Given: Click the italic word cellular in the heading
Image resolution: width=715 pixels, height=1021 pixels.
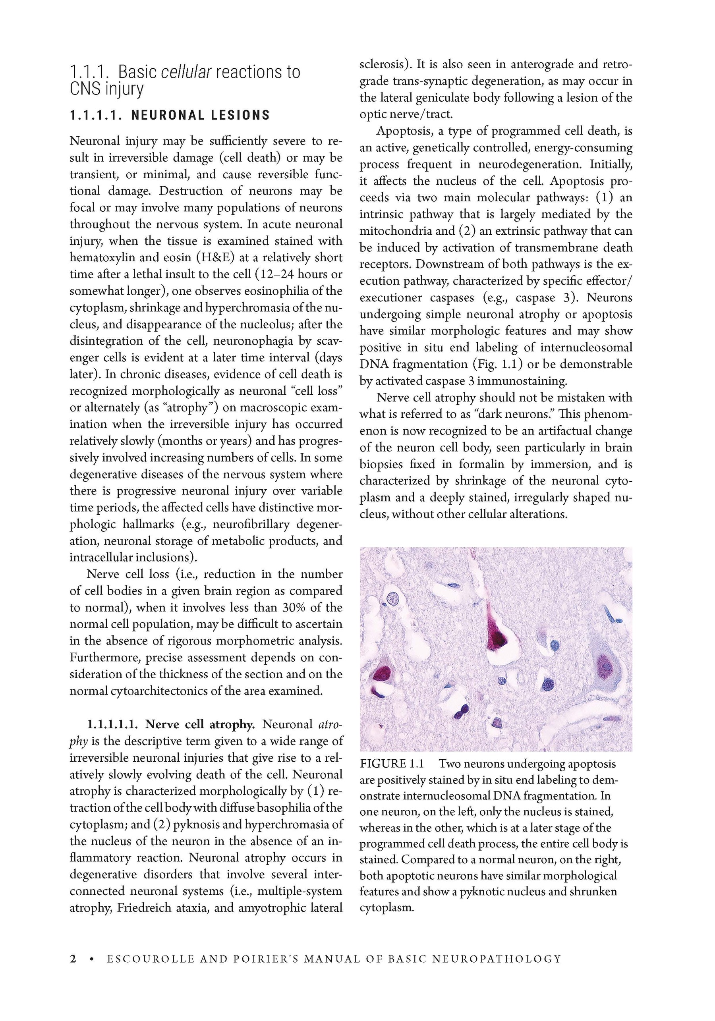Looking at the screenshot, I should (186, 71).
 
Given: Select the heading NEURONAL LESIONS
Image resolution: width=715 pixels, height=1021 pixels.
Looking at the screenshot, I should (200, 116).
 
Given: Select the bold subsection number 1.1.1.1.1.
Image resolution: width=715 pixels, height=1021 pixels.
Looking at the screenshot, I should (114, 724).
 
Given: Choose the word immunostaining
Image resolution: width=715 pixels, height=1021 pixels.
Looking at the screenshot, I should (522, 381).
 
